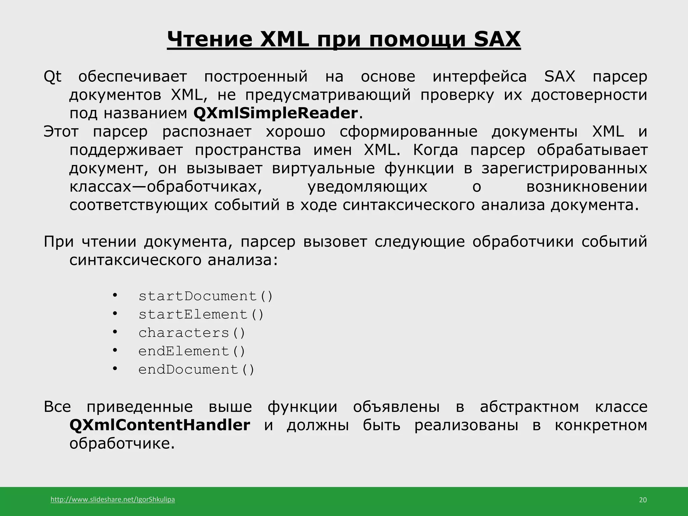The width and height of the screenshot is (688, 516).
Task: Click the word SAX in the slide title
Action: tap(497, 40)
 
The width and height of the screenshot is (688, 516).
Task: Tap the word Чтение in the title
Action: tap(210, 40)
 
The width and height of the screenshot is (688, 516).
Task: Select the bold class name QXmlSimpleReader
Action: tap(275, 113)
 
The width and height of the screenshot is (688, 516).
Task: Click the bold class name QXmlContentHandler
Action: tap(160, 425)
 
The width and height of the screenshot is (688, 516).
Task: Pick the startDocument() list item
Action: tap(206, 296)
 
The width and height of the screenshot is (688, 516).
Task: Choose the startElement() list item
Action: tap(201, 315)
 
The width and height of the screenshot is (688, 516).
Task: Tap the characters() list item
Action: tap(192, 333)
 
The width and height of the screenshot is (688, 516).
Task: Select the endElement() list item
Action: tap(192, 351)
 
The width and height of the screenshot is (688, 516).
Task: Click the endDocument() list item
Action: tap(197, 370)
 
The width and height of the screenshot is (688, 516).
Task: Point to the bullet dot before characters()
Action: tap(115, 332)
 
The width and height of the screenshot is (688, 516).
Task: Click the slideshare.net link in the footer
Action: tap(113, 500)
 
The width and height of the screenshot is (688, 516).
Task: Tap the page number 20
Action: tap(642, 500)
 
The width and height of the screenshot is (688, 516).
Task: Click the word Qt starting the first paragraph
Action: tap(53, 77)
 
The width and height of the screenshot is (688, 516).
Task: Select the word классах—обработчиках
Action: tap(166, 187)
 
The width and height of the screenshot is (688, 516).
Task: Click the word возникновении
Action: tap(587, 187)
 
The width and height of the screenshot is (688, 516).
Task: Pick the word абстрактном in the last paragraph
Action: tap(529, 407)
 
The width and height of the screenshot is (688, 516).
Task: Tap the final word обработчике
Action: tap(122, 444)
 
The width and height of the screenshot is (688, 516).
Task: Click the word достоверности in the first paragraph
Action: tap(589, 95)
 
